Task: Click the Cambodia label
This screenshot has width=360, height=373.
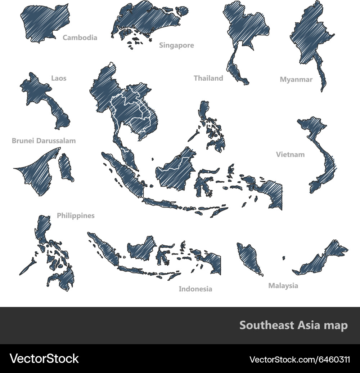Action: click(x=80, y=37)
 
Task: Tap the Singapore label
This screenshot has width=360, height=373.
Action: click(x=176, y=45)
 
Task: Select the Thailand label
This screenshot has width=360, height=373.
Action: click(x=208, y=78)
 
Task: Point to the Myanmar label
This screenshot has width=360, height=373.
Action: click(x=296, y=80)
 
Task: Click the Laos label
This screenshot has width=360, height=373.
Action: click(x=59, y=78)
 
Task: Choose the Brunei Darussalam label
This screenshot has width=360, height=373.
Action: click(x=44, y=141)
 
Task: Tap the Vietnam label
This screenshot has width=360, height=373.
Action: click(x=290, y=155)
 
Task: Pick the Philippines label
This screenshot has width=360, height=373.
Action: click(x=76, y=216)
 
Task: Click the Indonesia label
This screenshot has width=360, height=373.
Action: click(x=195, y=289)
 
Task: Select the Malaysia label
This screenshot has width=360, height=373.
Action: click(x=283, y=286)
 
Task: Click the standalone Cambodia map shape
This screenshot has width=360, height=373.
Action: click(x=41, y=22)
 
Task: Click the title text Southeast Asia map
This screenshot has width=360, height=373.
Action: click(x=293, y=325)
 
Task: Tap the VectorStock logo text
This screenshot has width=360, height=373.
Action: click(x=44, y=359)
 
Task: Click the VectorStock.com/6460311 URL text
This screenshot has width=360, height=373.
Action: click(x=300, y=359)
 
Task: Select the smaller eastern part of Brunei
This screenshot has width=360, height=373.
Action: click(x=66, y=168)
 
